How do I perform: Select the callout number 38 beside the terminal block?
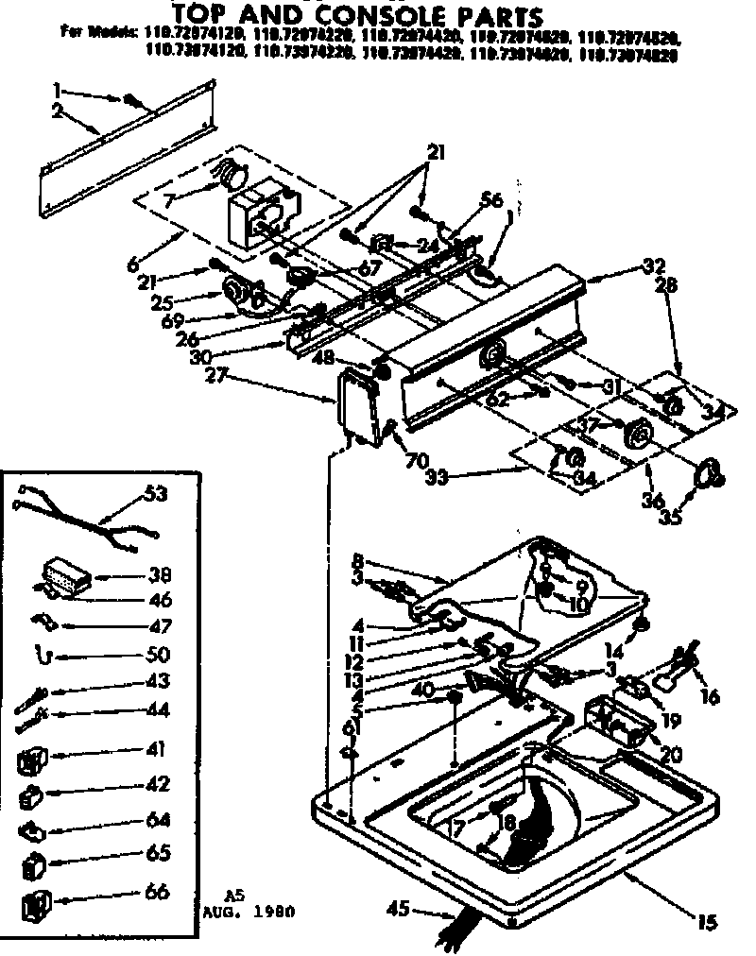click(159, 574)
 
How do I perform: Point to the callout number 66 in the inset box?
click(158, 892)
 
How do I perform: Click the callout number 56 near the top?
click(491, 200)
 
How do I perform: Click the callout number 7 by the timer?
click(170, 200)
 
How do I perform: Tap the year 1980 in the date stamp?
click(275, 913)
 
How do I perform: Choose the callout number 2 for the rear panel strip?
click(59, 111)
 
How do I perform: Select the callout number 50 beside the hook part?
click(158, 654)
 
